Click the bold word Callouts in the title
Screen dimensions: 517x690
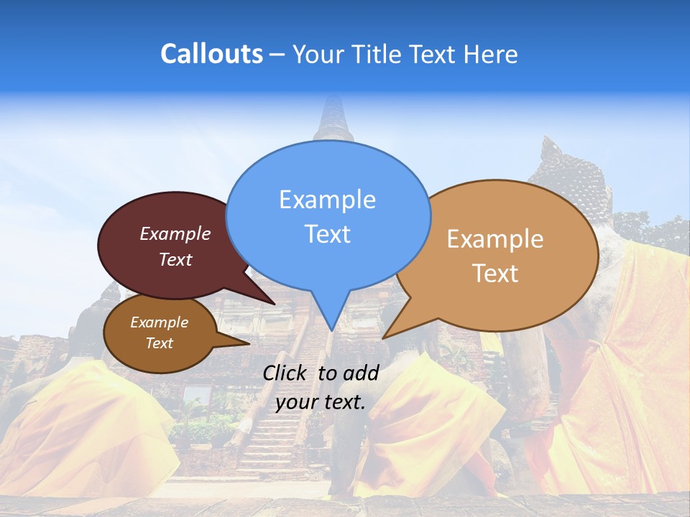(x=211, y=54)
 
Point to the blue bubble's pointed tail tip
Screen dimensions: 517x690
(x=331, y=330)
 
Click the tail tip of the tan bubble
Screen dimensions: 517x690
(x=385, y=337)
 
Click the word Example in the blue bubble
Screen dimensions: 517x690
(x=327, y=200)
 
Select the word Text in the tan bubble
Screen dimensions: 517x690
(x=495, y=274)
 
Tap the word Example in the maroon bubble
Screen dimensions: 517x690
(x=175, y=233)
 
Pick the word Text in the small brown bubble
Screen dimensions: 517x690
(x=160, y=343)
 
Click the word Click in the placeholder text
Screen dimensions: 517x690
(x=287, y=372)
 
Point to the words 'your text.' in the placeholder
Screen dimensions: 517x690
(x=321, y=402)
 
